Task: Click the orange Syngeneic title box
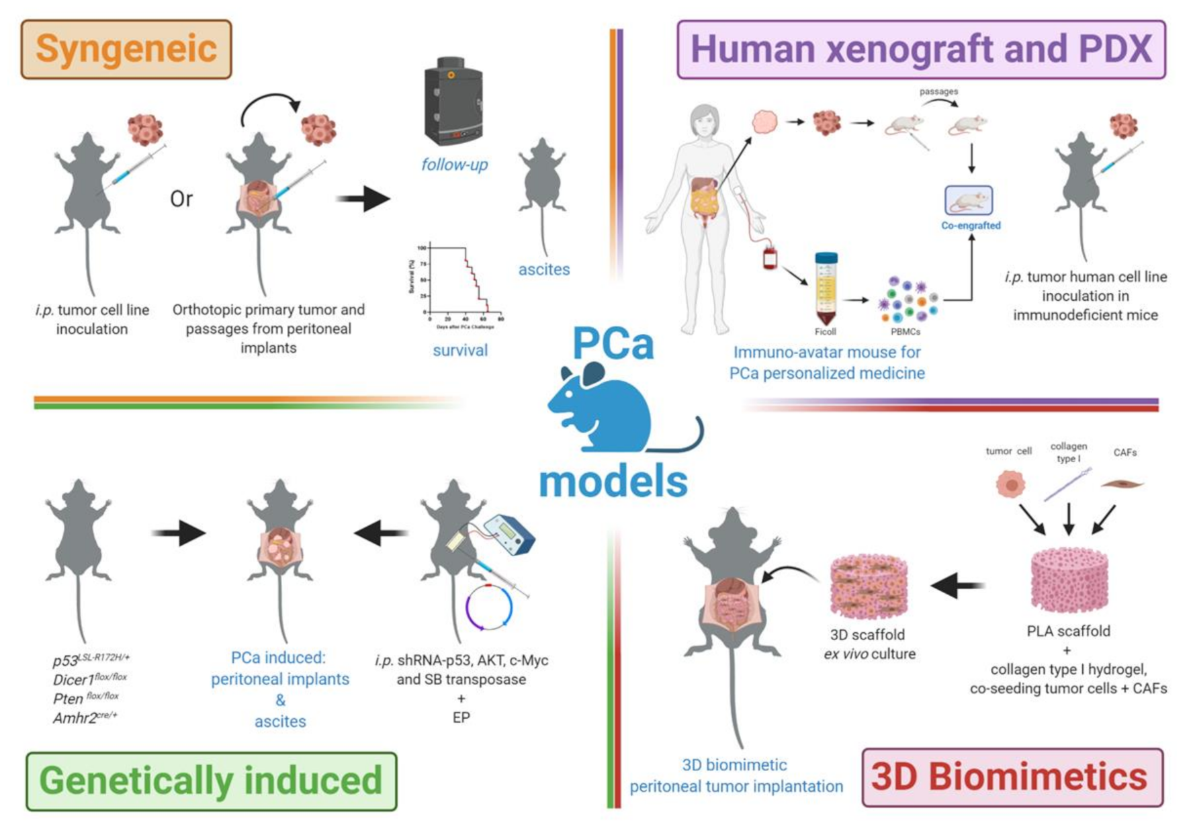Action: click(126, 50)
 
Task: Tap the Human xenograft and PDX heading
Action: click(920, 50)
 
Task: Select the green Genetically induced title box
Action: click(211, 781)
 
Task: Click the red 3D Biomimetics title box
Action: click(1012, 777)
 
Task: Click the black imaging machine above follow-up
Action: click(453, 101)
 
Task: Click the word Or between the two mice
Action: click(181, 199)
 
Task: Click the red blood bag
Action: click(770, 258)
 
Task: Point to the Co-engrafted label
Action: click(971, 226)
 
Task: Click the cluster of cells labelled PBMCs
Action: click(907, 300)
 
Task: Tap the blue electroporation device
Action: click(509, 534)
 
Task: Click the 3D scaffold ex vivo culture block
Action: click(869, 586)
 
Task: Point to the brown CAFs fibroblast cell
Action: click(1122, 483)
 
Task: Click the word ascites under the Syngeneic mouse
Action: click(543, 269)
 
